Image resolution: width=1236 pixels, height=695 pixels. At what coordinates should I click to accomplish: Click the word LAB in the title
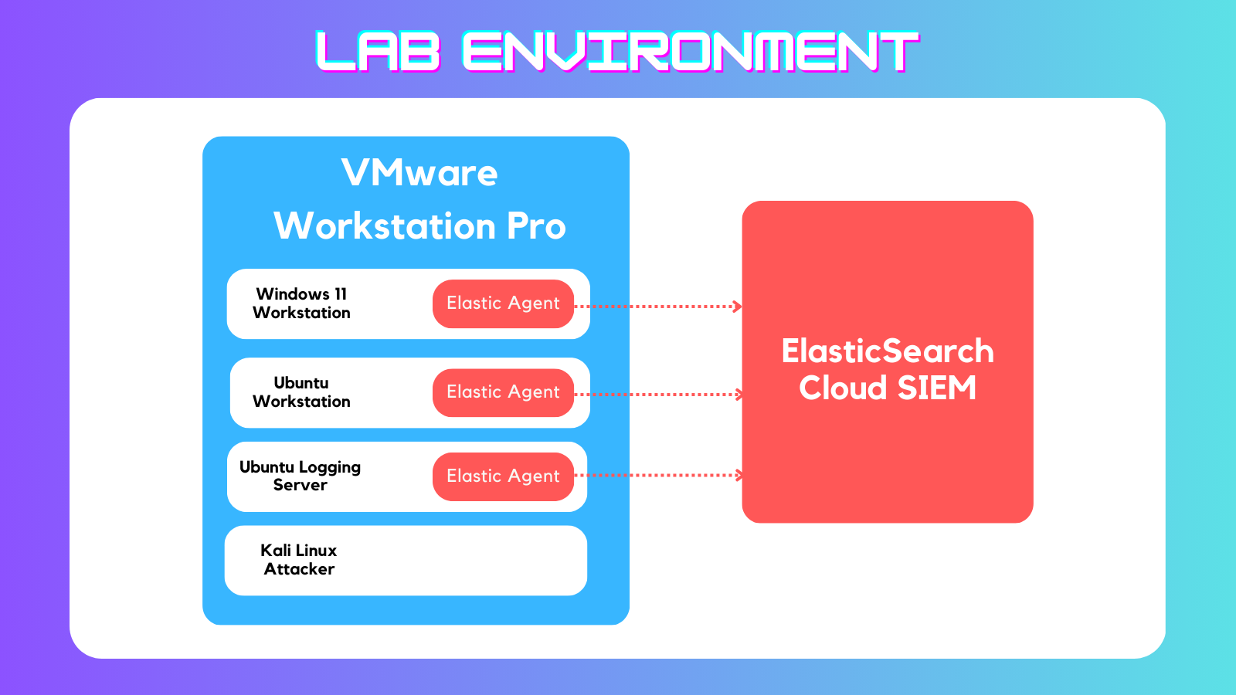click(378, 51)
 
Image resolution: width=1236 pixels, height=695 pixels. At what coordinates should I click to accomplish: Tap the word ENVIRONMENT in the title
click(691, 51)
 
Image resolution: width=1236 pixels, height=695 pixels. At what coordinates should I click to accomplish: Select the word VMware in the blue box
click(419, 173)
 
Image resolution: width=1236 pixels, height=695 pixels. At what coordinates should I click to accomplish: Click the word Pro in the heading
click(536, 227)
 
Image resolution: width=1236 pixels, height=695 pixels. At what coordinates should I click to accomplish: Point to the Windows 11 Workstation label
click(301, 303)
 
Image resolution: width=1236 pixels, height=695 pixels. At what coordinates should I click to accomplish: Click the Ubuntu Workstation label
click(301, 392)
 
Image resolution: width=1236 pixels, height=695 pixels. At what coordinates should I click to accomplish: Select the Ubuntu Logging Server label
click(301, 476)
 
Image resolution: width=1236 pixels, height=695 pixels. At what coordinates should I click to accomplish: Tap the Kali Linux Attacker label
click(299, 559)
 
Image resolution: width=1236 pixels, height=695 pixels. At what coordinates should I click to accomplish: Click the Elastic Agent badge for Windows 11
click(503, 303)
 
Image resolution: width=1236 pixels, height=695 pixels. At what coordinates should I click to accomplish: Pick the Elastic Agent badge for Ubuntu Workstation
click(503, 392)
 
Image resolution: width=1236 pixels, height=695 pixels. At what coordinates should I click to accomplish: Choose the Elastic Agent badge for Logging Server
click(503, 476)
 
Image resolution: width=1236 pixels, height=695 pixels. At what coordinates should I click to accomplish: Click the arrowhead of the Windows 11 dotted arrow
click(737, 307)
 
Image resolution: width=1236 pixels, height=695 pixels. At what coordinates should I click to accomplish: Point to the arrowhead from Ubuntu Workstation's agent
click(737, 395)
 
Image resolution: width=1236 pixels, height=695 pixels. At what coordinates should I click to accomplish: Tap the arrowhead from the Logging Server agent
click(737, 475)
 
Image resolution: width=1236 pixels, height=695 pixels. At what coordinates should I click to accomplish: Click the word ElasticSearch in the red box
click(888, 351)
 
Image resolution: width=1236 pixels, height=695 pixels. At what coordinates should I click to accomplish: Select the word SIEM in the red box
click(937, 388)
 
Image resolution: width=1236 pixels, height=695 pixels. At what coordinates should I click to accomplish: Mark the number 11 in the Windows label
click(341, 294)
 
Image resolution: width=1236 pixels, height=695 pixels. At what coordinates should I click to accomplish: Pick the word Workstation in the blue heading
click(385, 227)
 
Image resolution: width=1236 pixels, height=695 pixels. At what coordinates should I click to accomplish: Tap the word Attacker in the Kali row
click(299, 568)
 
